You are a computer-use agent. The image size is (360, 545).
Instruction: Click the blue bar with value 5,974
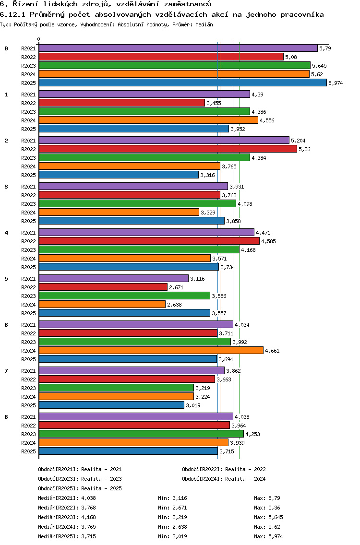tap(182, 83)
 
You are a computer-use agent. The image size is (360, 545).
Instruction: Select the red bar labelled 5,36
tap(168, 149)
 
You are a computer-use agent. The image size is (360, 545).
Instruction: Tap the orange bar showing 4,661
tap(151, 350)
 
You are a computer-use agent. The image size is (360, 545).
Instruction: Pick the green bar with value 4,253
tap(141, 434)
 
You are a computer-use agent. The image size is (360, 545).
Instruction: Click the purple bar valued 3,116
tap(113, 278)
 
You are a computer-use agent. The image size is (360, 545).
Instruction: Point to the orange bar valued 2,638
tap(102, 304)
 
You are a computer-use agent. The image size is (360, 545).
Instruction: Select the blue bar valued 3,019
tap(111, 405)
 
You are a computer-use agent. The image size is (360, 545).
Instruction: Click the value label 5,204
tap(299, 141)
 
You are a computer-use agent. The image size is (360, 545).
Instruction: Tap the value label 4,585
tap(269, 241)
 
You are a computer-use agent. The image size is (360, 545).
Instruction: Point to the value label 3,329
tap(208, 213)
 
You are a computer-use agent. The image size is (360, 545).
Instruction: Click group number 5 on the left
tap(6, 279)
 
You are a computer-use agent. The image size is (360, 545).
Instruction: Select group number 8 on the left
tap(6, 417)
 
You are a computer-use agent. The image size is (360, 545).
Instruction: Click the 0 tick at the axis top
tap(39, 39)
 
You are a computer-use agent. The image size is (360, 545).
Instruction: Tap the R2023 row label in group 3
tap(29, 204)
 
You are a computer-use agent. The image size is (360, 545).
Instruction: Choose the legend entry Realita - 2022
tap(245, 469)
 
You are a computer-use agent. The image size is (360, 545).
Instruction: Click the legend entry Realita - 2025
tap(101, 488)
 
